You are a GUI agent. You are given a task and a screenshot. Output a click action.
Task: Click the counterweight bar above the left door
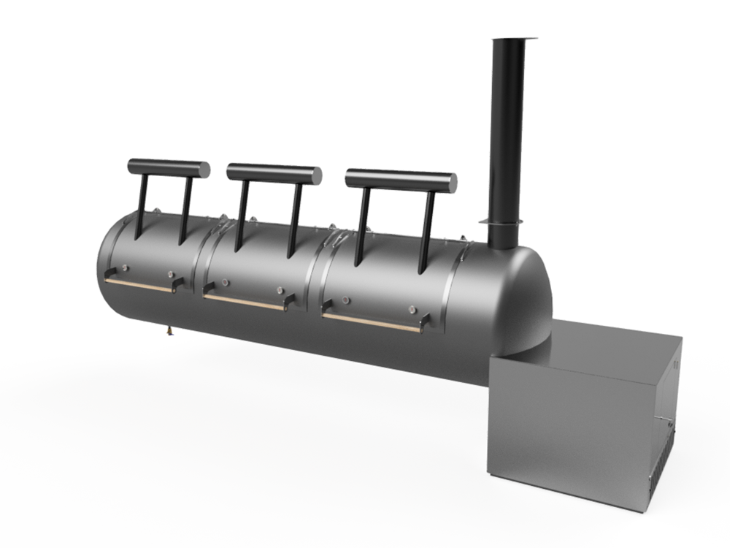pyautogui.click(x=169, y=168)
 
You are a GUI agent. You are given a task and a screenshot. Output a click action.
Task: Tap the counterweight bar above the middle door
pyautogui.click(x=274, y=174)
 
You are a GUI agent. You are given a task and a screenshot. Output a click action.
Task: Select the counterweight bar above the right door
pyautogui.click(x=401, y=180)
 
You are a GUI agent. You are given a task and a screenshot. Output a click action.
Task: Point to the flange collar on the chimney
pyautogui.click(x=503, y=222)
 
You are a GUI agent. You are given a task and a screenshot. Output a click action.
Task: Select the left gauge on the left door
pyautogui.click(x=125, y=267)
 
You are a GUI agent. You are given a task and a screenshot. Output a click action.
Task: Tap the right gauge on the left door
pyautogui.click(x=170, y=275)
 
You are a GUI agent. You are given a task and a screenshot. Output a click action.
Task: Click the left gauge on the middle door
pyautogui.click(x=225, y=282)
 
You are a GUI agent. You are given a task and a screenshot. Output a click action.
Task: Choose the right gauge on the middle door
pyautogui.click(x=280, y=291)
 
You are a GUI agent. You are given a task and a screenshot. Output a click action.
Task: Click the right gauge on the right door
pyautogui.click(x=413, y=310)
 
